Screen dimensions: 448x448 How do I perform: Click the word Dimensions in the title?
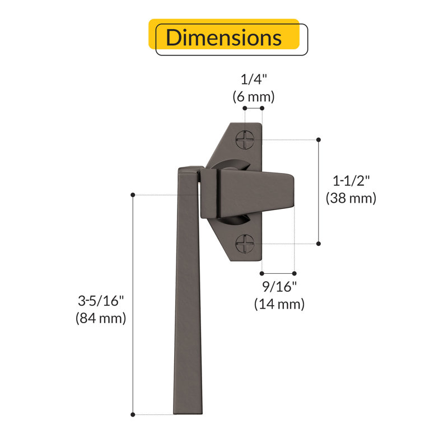223,38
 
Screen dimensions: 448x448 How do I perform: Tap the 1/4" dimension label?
254,79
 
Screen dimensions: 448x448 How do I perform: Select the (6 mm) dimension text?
254,96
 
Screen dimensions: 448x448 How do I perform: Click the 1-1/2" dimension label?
351,180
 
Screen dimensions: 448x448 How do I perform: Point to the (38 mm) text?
351,198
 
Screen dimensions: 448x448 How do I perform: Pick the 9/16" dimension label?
279,286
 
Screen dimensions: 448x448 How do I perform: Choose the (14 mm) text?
279,304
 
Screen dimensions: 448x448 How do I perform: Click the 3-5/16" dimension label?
101,301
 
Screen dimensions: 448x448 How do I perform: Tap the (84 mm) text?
101,318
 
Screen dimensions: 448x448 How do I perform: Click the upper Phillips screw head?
245,139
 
